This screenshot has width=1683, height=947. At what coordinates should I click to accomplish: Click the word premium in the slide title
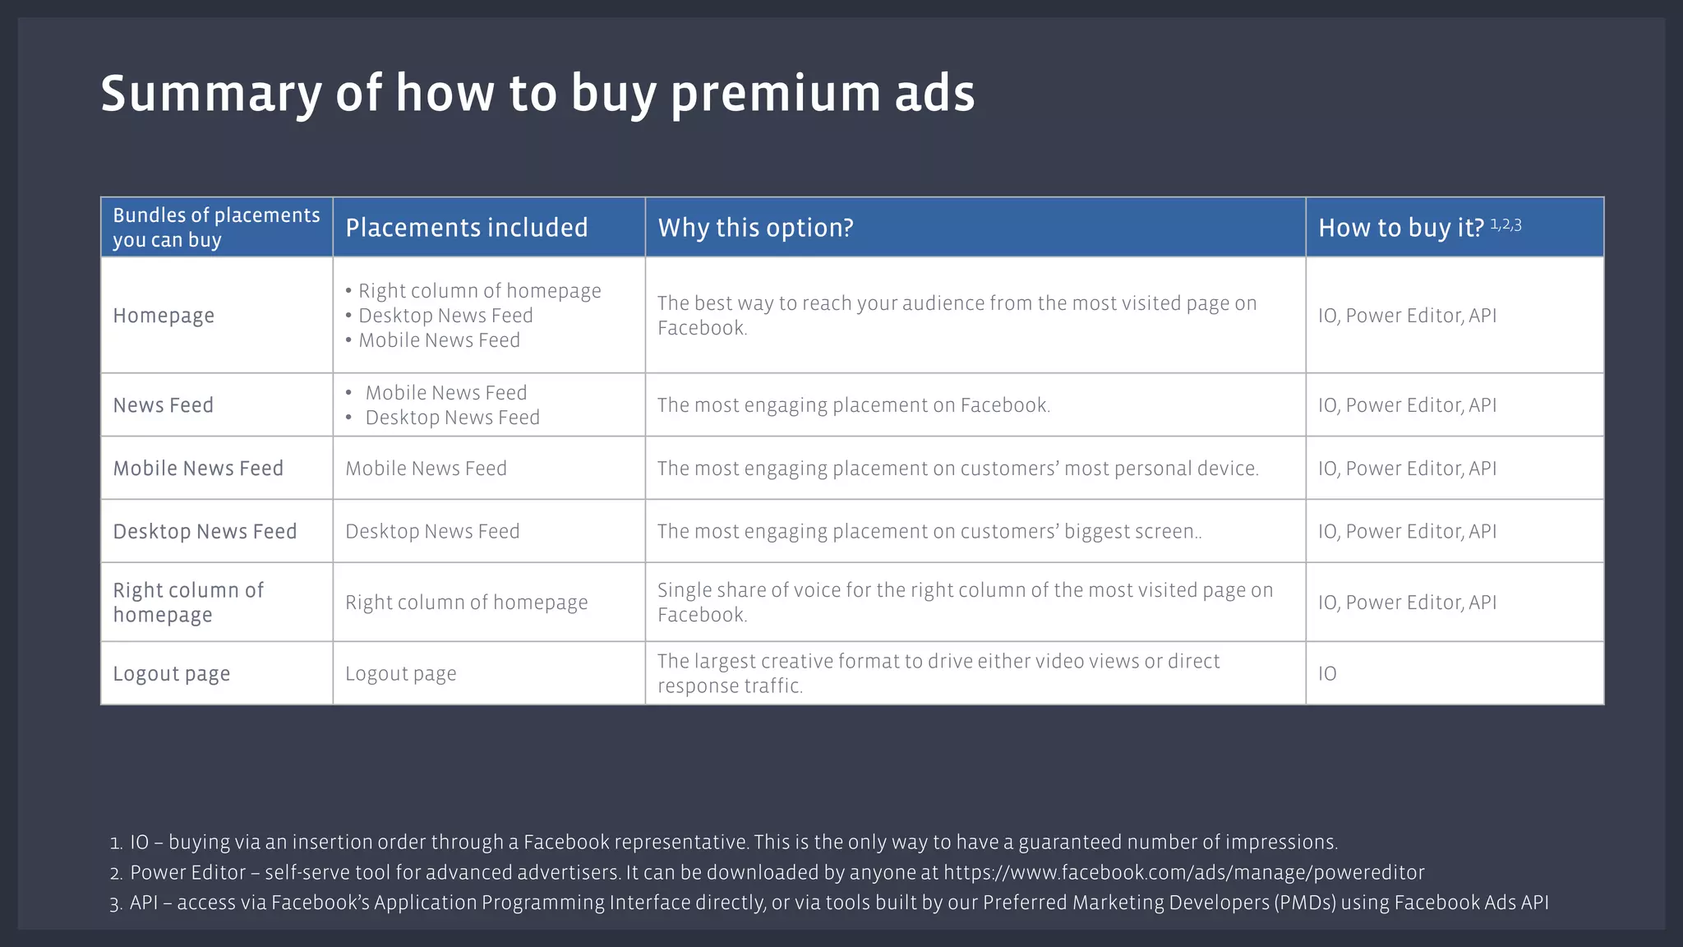776,94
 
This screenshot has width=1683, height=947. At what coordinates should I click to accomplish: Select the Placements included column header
466,228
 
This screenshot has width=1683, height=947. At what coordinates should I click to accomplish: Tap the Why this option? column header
755,228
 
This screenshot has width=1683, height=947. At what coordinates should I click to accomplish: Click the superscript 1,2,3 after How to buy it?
1505,224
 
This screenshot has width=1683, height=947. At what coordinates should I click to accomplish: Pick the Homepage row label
164,316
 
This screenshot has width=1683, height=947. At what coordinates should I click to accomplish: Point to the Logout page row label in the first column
171,674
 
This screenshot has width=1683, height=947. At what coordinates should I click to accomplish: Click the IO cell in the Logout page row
1327,674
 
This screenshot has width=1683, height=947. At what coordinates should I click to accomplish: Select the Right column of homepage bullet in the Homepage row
479,291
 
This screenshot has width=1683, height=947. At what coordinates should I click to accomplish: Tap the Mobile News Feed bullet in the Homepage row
439,340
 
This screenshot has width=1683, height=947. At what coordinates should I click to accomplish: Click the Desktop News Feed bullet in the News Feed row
452,418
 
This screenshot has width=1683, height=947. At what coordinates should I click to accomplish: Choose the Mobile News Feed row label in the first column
198,469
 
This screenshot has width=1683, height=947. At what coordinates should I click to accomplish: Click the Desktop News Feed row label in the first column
205,532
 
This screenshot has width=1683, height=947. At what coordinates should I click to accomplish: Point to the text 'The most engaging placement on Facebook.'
853,405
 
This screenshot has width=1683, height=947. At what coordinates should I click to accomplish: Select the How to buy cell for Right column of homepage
1407,603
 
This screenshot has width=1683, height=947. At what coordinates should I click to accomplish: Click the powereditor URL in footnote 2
1183,872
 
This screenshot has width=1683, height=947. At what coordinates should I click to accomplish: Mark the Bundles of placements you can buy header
216,228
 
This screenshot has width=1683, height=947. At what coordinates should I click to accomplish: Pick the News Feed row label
163,405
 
